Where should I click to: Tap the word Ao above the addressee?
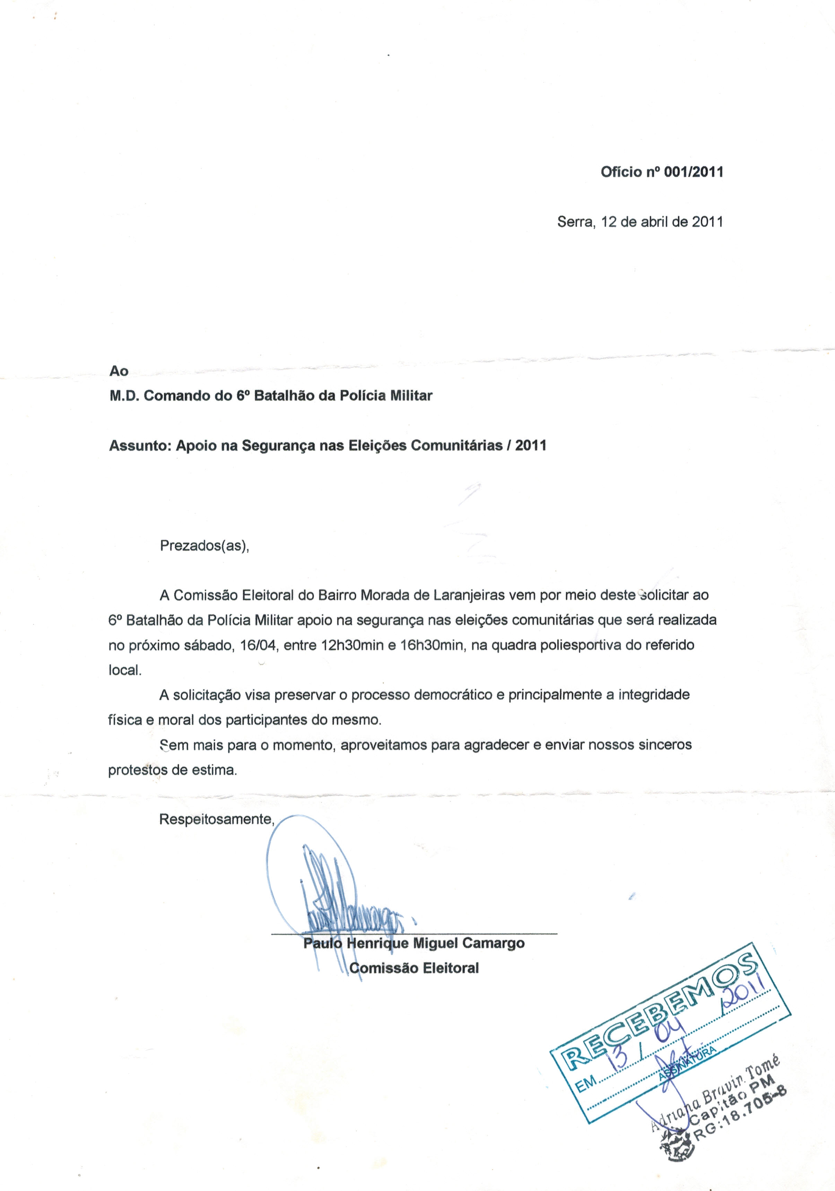(x=119, y=371)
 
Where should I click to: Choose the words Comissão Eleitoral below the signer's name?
(x=414, y=968)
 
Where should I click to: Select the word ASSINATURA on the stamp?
(x=687, y=1063)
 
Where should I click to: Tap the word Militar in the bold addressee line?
(x=411, y=396)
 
